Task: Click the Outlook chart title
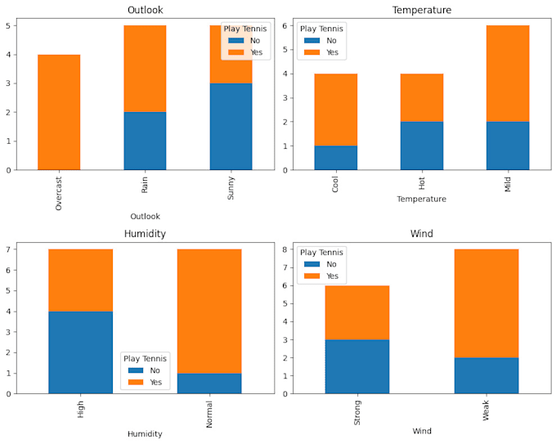pyautogui.click(x=145, y=10)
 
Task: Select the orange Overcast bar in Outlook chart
pyautogui.click(x=59, y=112)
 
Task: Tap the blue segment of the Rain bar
pyautogui.click(x=145, y=141)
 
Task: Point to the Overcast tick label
pyautogui.click(x=59, y=192)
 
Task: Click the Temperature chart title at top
pyautogui.click(x=421, y=10)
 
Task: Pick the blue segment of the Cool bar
pyautogui.click(x=335, y=158)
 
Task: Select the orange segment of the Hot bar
pyautogui.click(x=421, y=97)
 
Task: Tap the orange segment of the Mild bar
pyautogui.click(x=508, y=74)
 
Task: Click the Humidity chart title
pyautogui.click(x=145, y=234)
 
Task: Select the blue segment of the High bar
pyautogui.click(x=80, y=352)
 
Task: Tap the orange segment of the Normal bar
pyautogui.click(x=209, y=311)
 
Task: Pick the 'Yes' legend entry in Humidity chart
pyautogui.click(x=147, y=382)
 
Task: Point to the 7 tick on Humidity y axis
pyautogui.click(x=7, y=249)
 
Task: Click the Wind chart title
pyautogui.click(x=421, y=234)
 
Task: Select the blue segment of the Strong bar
pyautogui.click(x=356, y=366)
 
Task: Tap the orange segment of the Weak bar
pyautogui.click(x=486, y=303)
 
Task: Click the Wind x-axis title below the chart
pyautogui.click(x=421, y=431)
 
